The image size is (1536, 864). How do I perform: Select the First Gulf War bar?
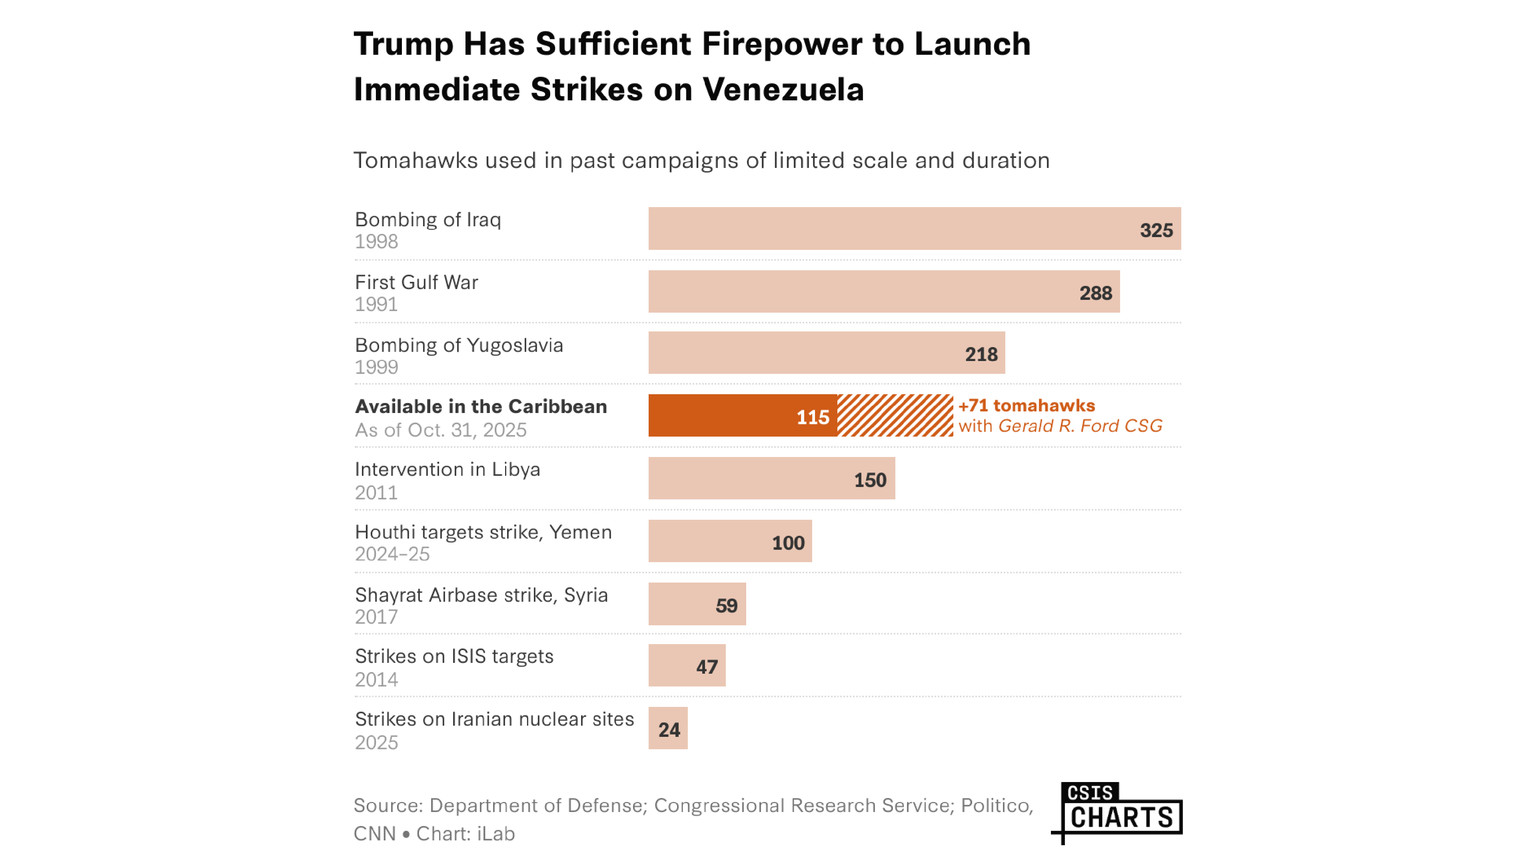coord(884,291)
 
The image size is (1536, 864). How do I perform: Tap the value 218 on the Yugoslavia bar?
coord(981,355)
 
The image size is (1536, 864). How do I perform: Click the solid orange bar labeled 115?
coord(742,415)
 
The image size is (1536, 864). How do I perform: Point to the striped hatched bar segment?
coord(895,415)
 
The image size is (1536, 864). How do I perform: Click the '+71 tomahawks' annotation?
coord(1026,405)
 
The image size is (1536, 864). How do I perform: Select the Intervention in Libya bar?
coord(771,478)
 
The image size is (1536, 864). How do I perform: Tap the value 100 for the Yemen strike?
coord(788,543)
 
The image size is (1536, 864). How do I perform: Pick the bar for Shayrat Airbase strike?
coord(697,604)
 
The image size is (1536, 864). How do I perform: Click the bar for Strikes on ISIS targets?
coord(687,665)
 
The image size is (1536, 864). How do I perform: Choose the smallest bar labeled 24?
coord(668,728)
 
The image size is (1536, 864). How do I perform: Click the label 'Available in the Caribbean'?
coord(481,407)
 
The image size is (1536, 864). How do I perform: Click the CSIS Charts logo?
coord(1119,812)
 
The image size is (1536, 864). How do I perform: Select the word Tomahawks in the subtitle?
coord(415,160)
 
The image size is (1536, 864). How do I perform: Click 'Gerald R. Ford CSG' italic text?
coord(1080,426)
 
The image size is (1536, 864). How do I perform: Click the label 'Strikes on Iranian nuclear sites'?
coord(494,719)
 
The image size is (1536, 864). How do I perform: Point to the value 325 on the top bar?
coord(1156,231)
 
